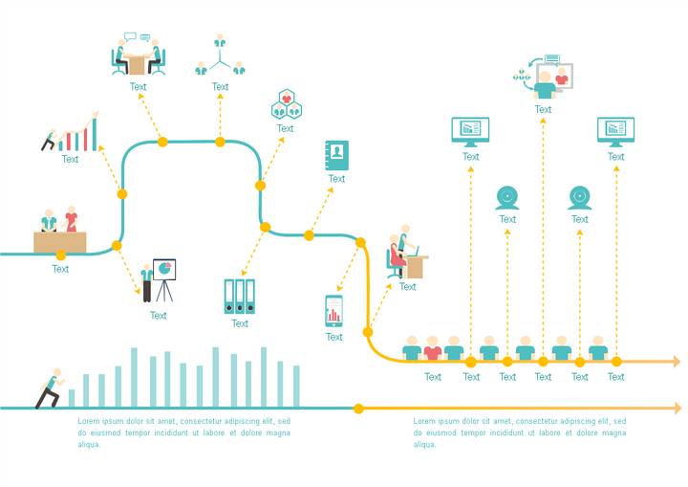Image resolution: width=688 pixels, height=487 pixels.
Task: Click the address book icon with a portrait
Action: (336, 155)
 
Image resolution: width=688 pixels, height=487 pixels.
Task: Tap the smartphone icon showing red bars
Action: (333, 311)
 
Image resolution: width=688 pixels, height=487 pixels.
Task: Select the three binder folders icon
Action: (240, 297)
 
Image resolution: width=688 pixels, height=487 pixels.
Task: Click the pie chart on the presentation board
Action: (164, 268)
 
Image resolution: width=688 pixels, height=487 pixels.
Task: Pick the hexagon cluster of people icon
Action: (287, 104)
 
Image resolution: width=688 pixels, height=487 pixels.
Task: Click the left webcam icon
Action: (507, 198)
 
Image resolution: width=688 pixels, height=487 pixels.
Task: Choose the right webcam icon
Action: (580, 198)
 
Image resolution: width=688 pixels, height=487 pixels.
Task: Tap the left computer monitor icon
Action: (470, 132)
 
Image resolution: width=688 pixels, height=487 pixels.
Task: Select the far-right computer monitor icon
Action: (616, 132)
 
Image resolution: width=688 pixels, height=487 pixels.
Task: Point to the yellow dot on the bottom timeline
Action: (358, 409)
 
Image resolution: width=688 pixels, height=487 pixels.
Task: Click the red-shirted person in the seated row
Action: (433, 348)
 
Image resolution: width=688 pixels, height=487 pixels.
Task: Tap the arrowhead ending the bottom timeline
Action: (677, 409)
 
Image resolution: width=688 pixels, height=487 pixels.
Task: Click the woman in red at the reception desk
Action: (71, 218)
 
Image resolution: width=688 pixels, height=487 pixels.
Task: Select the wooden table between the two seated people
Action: (138, 64)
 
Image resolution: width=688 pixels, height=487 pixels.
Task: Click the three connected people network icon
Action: (220, 55)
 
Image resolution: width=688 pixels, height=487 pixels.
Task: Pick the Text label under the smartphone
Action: (333, 337)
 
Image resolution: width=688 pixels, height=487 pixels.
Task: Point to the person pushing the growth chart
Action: (50, 140)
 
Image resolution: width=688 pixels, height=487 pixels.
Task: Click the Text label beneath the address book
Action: (336, 179)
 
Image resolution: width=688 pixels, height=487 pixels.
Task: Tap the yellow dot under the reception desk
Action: (61, 255)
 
